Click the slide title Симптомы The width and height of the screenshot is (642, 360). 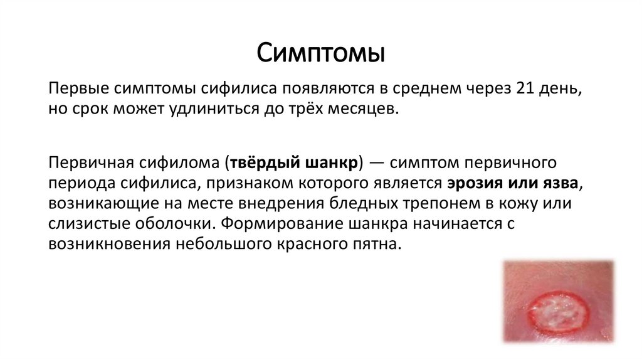point(320,53)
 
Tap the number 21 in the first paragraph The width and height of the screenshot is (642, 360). point(526,88)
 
